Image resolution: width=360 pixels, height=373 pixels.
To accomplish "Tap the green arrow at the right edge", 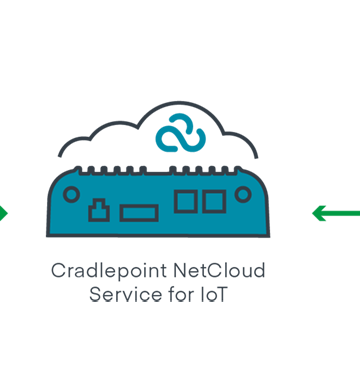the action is pos(335,212).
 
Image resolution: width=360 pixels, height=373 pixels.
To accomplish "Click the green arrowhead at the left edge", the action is pos(4,212).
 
